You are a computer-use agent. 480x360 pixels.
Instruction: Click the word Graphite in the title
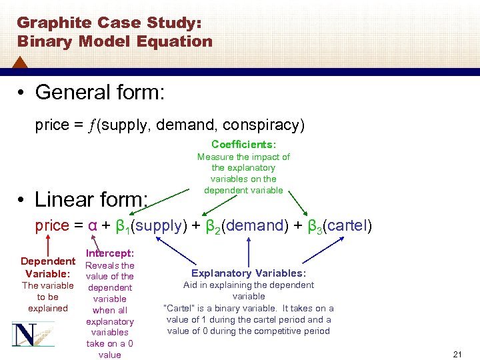click(51, 23)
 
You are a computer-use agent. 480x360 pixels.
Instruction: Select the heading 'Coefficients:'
click(243, 144)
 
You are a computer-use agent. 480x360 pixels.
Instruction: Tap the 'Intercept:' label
click(110, 253)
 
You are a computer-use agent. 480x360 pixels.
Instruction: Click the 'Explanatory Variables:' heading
click(249, 273)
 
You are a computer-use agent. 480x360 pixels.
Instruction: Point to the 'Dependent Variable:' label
click(48, 267)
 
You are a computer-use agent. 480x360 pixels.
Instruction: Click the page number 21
click(457, 354)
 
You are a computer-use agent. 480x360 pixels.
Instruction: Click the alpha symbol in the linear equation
click(93, 226)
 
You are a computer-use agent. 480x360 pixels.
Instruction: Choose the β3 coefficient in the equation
click(313, 227)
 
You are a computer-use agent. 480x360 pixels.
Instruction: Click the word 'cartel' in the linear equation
click(346, 226)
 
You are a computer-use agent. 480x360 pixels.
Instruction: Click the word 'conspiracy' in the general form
click(263, 125)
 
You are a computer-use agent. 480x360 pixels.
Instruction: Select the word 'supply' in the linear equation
click(159, 226)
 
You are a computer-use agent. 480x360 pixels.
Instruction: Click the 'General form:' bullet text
click(99, 92)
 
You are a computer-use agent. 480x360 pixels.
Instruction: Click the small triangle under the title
click(20, 63)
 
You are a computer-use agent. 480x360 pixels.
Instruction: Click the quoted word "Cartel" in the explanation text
click(180, 308)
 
